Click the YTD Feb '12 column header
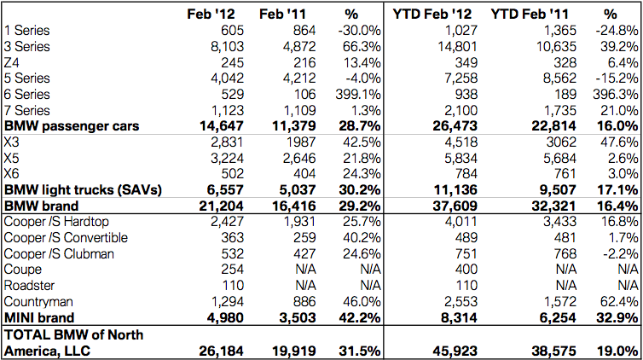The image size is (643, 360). click(x=432, y=15)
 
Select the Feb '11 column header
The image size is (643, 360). click(x=282, y=15)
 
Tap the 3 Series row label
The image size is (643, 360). click(x=26, y=46)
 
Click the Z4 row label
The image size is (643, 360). click(x=11, y=62)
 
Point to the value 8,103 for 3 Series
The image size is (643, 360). click(x=227, y=46)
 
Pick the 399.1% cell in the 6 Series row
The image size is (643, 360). click(x=357, y=95)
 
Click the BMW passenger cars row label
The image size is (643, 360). click(x=72, y=126)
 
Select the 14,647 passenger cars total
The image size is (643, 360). click(x=222, y=126)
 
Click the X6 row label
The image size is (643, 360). click(x=11, y=174)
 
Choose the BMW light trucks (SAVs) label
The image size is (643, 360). click(x=83, y=190)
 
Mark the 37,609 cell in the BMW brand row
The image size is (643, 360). click(x=455, y=206)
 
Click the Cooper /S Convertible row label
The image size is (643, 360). click(x=66, y=238)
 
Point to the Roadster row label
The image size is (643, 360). click(x=29, y=286)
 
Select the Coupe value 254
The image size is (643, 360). click(x=232, y=270)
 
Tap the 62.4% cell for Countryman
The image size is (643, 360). click(x=619, y=302)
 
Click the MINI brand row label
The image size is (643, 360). click(x=39, y=317)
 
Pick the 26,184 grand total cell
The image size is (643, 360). click(x=221, y=351)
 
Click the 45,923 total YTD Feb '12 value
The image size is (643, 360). click(x=455, y=351)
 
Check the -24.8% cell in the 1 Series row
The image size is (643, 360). click(x=617, y=31)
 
